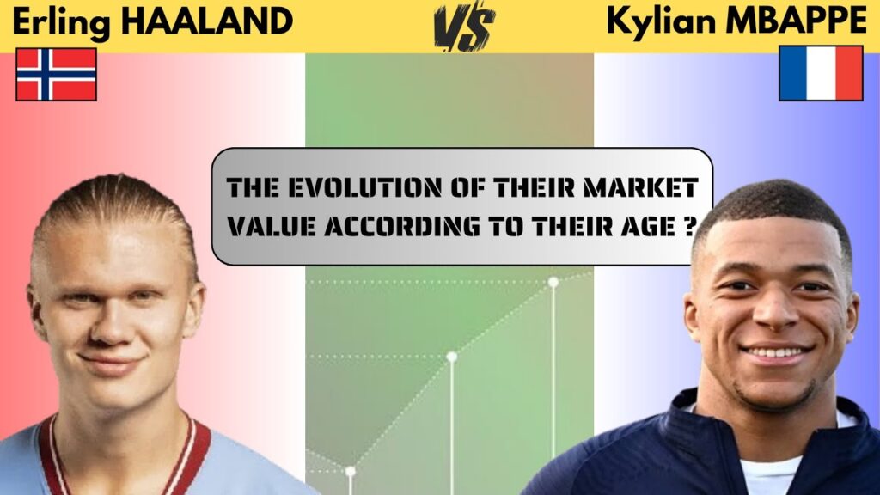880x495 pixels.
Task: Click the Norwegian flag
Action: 56,75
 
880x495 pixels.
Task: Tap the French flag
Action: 821,73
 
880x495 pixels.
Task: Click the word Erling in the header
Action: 60,24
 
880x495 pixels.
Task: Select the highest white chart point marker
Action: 553,282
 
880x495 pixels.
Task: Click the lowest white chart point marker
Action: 350,471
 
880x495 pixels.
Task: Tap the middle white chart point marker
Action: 451,356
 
